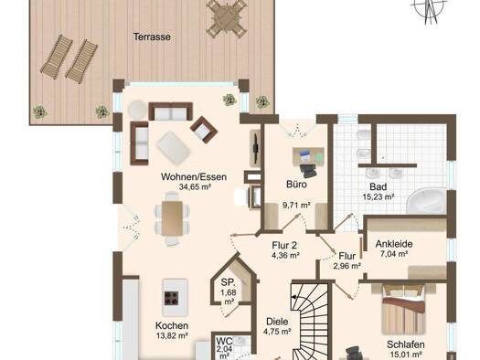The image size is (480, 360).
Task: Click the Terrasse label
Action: [x=152, y=37]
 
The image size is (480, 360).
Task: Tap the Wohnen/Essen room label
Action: [x=194, y=176]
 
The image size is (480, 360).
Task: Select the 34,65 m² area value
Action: [x=195, y=186]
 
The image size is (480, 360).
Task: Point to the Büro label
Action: [x=296, y=185]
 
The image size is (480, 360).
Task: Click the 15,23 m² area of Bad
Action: [x=379, y=196]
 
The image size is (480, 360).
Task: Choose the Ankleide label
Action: [x=394, y=244]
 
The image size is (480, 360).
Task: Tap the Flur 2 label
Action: [x=284, y=245]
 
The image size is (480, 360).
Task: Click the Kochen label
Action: [x=172, y=325]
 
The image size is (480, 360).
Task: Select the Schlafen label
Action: [x=406, y=344]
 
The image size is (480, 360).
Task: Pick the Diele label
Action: [x=277, y=322]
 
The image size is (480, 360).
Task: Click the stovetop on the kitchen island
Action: [x=172, y=298]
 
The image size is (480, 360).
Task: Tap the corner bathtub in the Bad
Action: [x=426, y=201]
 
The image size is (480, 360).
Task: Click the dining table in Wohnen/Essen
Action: [x=173, y=218]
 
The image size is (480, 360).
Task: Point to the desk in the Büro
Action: [x=308, y=156]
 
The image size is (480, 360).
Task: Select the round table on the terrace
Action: [x=227, y=18]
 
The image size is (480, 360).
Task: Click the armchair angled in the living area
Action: [x=204, y=130]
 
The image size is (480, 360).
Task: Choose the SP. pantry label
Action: [x=228, y=282]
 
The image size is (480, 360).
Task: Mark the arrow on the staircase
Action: [x=294, y=297]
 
